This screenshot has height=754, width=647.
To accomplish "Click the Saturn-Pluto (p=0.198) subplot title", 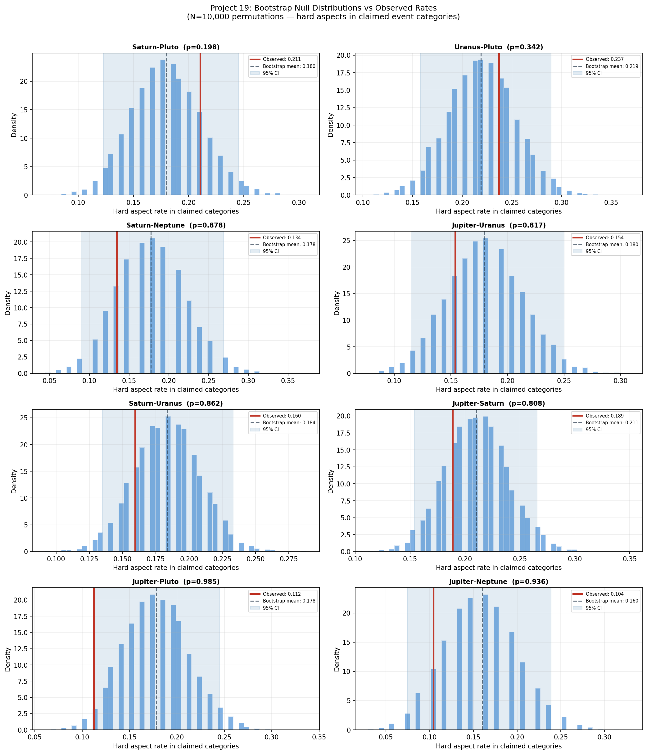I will pyautogui.click(x=176, y=47).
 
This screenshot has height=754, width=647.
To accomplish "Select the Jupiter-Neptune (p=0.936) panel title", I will pyautogui.click(x=498, y=581).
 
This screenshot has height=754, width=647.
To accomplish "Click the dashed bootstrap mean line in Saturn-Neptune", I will pyautogui.click(x=151, y=327).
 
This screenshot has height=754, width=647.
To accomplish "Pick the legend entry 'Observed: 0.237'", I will pyautogui.click(x=604, y=59).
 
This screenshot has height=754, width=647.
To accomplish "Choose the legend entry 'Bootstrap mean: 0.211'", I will pyautogui.click(x=612, y=423).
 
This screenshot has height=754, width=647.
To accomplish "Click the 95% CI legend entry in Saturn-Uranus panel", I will pyautogui.click(x=271, y=429).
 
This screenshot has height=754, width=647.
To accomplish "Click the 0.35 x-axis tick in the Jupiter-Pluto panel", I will pyautogui.click(x=319, y=737).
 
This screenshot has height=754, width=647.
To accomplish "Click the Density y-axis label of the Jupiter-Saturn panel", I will pyautogui.click(x=330, y=481).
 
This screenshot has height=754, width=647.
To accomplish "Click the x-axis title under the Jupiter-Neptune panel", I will pyautogui.click(x=499, y=746).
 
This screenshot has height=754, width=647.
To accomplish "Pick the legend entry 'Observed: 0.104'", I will pyautogui.click(x=604, y=594).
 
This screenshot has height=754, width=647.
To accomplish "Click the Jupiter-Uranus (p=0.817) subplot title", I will pyautogui.click(x=499, y=225).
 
